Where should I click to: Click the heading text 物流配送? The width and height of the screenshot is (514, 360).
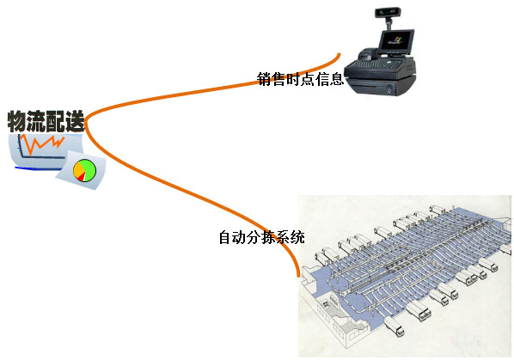(46, 121)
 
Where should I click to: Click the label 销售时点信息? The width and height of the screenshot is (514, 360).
(300, 79)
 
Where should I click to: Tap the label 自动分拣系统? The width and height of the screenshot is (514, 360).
(261, 237)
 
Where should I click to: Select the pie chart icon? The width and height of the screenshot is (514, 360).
(84, 170)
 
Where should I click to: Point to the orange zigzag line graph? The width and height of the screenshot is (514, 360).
(41, 143)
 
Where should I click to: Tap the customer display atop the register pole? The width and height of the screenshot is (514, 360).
(386, 12)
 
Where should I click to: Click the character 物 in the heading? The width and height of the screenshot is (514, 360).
(16, 121)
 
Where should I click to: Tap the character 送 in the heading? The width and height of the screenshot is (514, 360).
(75, 121)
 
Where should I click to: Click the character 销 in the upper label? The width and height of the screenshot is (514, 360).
(264, 79)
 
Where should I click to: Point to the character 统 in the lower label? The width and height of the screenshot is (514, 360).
(298, 237)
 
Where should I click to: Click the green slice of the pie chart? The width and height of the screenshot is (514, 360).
(89, 169)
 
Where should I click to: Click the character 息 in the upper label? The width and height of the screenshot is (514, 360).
(337, 79)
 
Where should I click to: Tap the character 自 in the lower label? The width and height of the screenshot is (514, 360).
(225, 237)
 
